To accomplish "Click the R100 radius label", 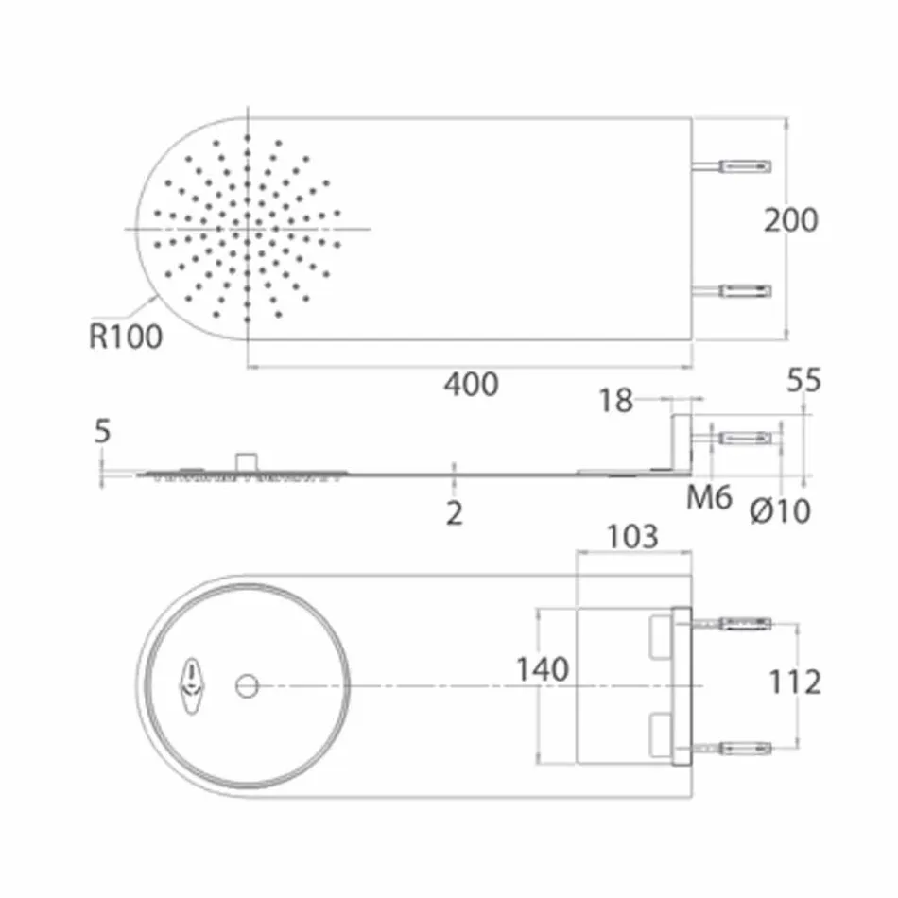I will point(126,337).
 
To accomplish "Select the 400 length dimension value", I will point(471,385).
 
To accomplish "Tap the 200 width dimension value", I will point(791,220).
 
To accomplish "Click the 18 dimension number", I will point(615,401).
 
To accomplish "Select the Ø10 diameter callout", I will point(781,511).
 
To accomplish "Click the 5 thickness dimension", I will point(102,432).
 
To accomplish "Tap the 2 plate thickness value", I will point(455,513).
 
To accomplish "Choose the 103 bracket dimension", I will point(632,537).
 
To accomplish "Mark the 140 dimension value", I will point(542,669).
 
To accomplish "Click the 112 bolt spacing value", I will point(795,682).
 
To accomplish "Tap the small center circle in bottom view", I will point(248,685).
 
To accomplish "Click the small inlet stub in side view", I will point(248,461).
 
